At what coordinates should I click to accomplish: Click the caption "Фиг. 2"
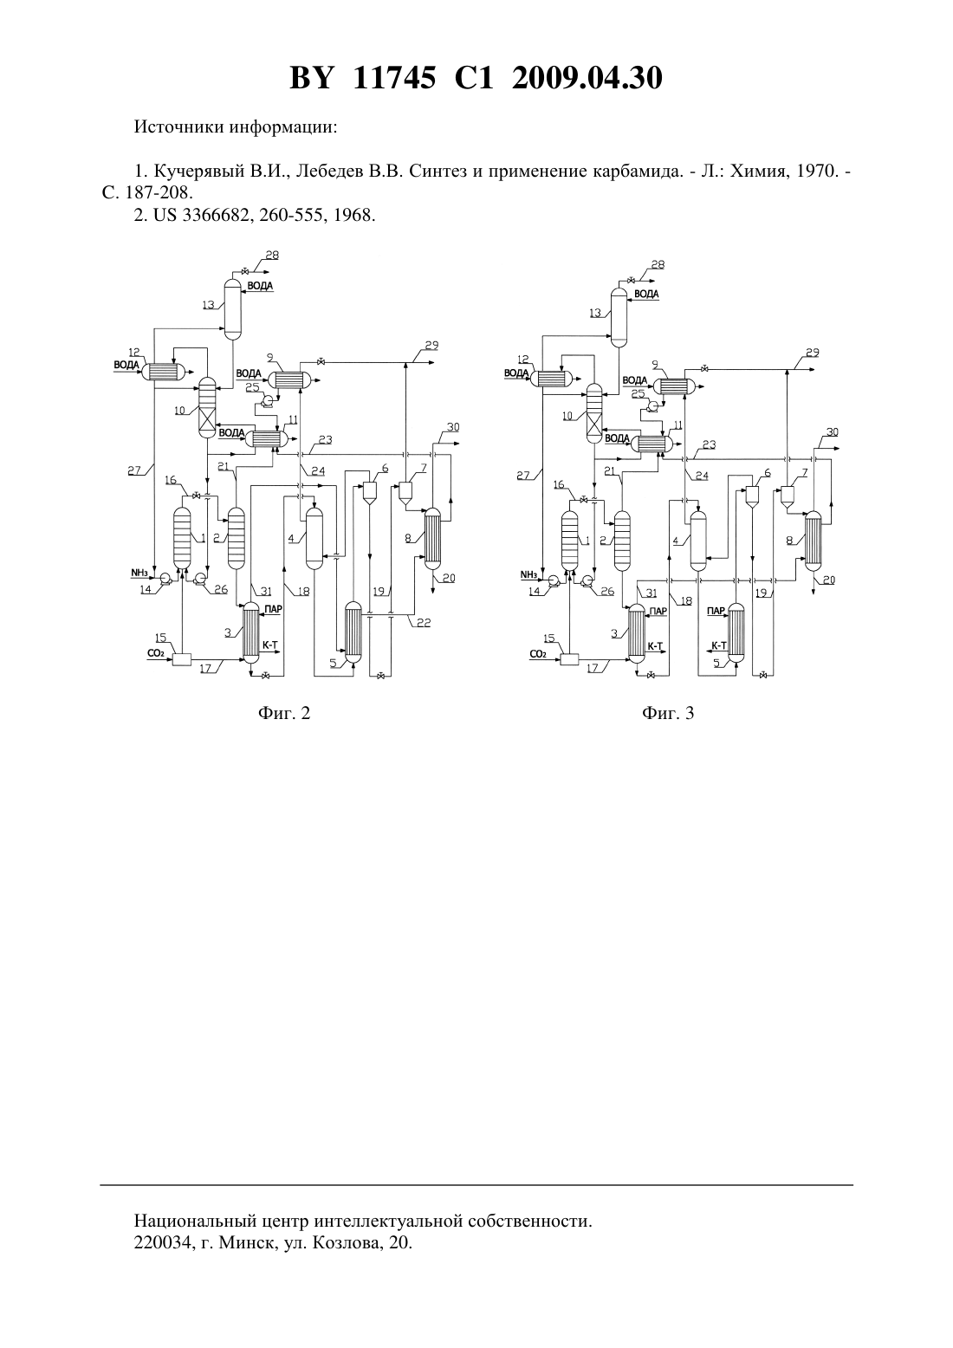point(284,713)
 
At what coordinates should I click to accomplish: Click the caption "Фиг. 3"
point(668,713)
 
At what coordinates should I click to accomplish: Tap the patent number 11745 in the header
point(394,78)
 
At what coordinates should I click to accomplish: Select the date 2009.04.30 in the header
point(587,78)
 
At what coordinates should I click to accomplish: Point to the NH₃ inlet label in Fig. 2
point(139,573)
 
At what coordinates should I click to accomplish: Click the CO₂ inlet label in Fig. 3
point(538,653)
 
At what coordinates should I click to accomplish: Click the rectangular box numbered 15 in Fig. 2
point(182,659)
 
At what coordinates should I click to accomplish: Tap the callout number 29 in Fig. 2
point(431,346)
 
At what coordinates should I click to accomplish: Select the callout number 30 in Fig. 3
point(832,432)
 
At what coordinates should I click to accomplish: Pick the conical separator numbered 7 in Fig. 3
point(787,496)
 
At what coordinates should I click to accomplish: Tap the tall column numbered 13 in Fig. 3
point(619,317)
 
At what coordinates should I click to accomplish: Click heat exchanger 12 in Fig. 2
point(164,372)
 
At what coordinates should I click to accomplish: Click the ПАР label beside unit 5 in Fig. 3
point(716,611)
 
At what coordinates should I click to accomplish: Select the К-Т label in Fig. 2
point(270,645)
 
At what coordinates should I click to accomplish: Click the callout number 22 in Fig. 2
point(424,623)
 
